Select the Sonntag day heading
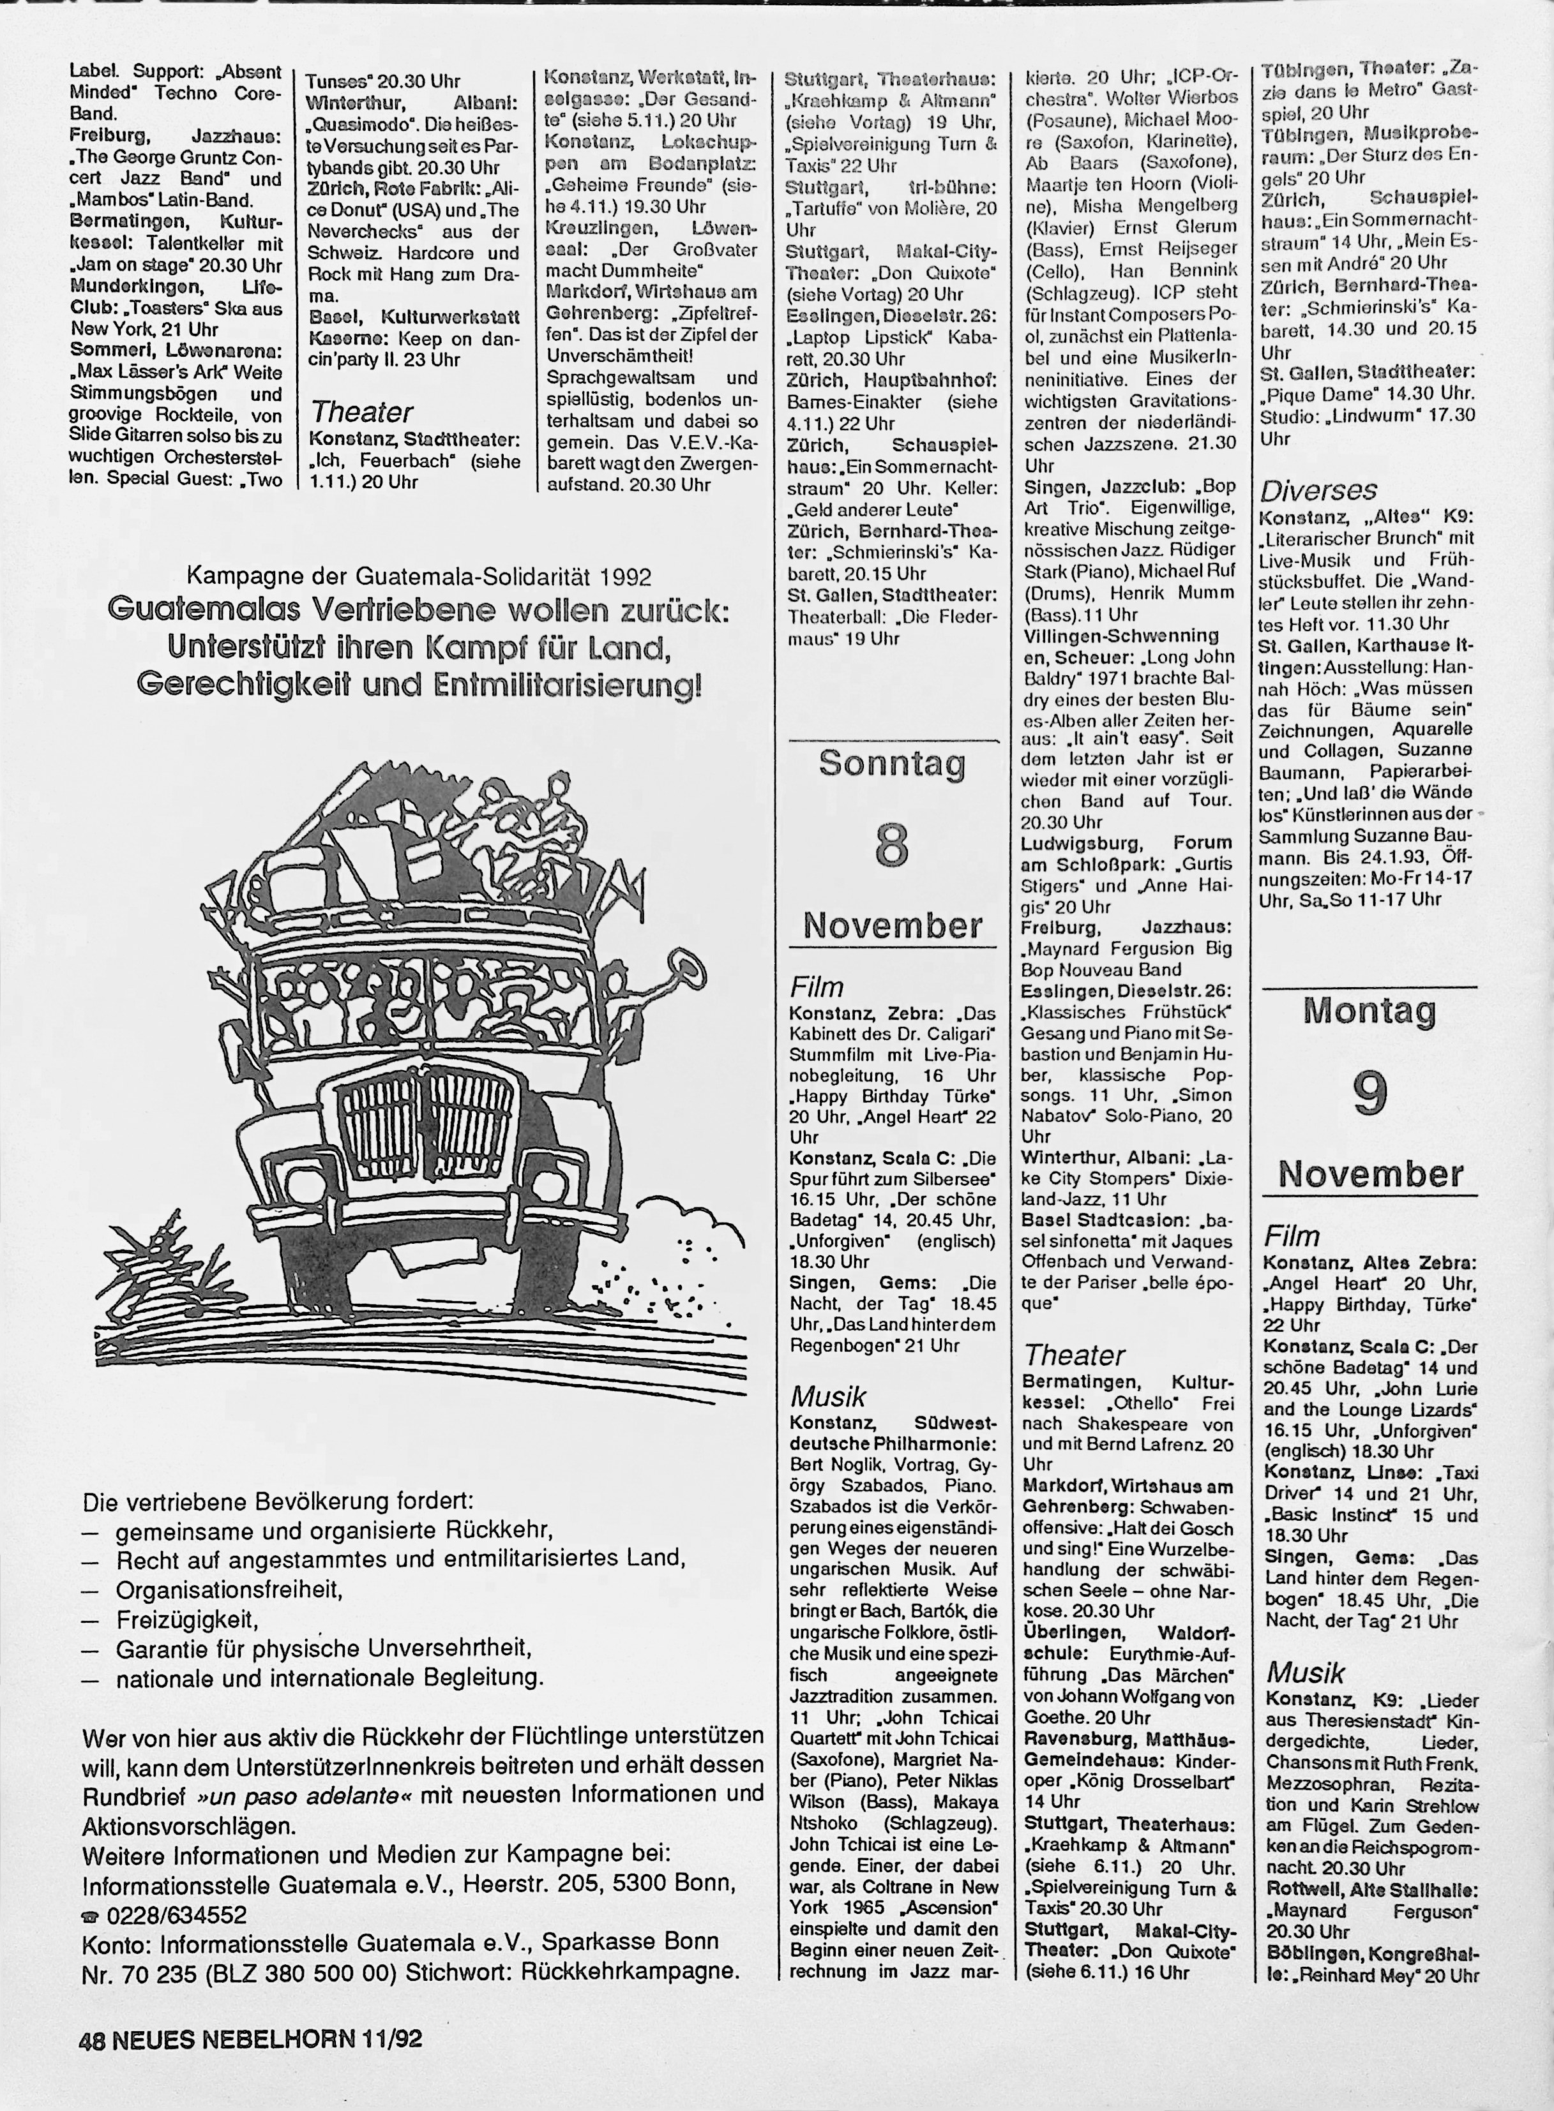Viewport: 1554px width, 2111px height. [x=892, y=763]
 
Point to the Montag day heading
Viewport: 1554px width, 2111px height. [x=1369, y=1011]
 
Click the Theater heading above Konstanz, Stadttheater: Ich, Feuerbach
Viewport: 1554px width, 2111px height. [x=361, y=412]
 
